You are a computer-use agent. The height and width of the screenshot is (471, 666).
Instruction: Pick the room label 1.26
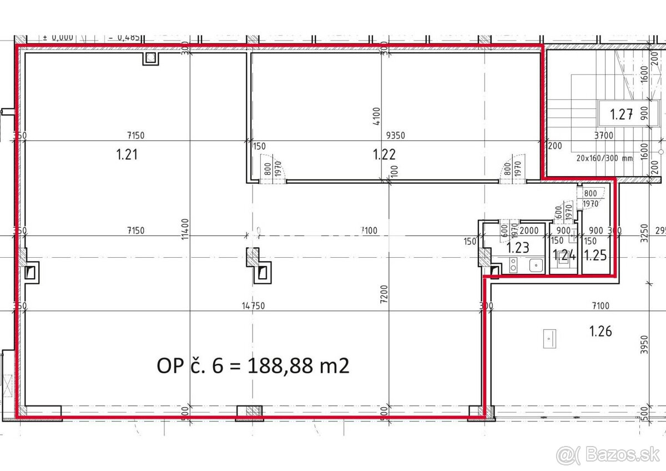click(601, 332)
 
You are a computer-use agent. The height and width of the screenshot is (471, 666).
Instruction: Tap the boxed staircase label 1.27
click(622, 115)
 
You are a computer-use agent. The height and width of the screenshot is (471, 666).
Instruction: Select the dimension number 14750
click(253, 305)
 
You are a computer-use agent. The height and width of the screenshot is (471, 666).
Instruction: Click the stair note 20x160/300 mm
click(604, 157)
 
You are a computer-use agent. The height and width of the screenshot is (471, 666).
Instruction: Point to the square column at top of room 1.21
click(150, 58)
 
